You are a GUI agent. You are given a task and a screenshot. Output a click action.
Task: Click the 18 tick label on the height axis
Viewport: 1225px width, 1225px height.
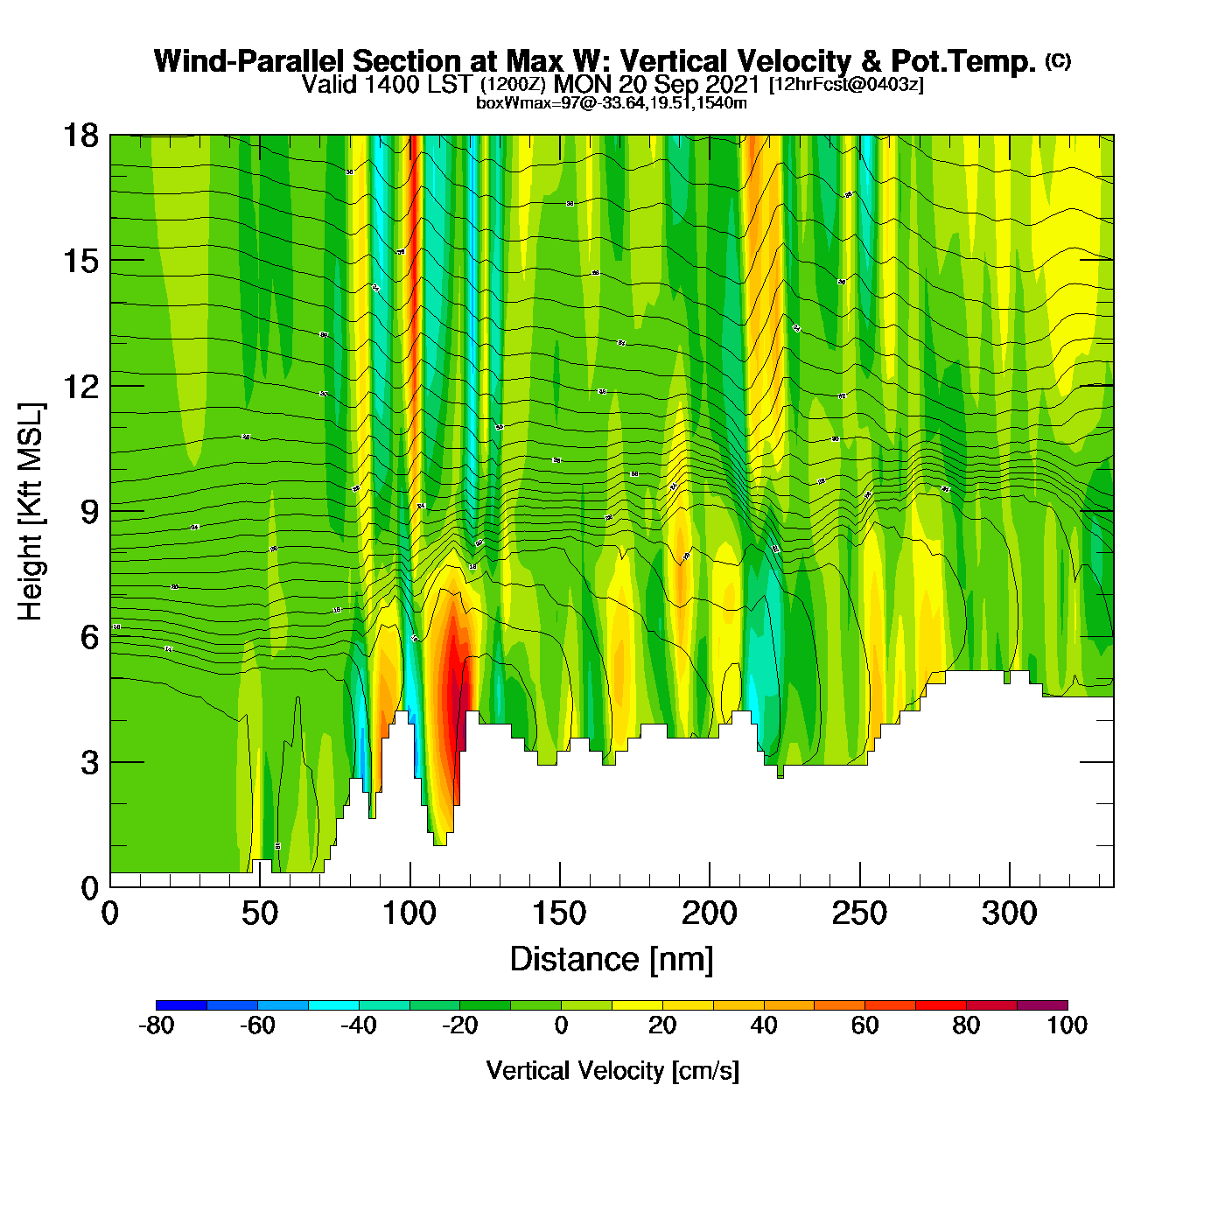(80, 136)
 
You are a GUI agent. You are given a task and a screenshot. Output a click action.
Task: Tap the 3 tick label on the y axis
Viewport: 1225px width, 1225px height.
(89, 763)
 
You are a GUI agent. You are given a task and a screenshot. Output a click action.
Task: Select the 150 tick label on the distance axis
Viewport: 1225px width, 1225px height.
(559, 914)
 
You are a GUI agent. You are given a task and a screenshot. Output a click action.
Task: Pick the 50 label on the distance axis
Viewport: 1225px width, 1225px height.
(259, 914)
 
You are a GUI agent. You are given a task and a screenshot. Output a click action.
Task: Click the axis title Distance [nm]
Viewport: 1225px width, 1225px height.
(612, 960)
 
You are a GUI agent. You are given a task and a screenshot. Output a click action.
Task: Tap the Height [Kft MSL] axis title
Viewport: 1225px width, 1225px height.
(31, 512)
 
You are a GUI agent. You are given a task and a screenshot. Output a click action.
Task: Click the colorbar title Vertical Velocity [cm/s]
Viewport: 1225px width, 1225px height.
(612, 1071)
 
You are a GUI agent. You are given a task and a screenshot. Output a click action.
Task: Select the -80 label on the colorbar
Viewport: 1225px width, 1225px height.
(156, 1025)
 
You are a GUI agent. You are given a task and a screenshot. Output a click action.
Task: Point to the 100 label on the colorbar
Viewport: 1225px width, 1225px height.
(1067, 1025)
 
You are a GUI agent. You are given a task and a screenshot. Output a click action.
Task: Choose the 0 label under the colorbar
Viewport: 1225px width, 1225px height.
(561, 1025)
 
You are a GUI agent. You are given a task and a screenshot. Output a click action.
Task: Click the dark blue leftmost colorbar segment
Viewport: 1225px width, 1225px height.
(181, 1005)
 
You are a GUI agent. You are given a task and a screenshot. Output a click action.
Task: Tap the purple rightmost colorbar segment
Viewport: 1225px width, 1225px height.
(1042, 1005)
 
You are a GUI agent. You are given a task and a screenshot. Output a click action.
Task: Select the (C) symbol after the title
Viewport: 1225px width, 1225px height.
(1058, 60)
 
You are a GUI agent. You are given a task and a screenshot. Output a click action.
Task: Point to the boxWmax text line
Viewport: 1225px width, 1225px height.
(611, 103)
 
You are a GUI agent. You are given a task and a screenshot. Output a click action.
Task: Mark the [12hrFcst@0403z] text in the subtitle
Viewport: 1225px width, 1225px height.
(846, 85)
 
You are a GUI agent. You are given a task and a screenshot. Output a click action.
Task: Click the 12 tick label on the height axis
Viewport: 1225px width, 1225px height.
(80, 387)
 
